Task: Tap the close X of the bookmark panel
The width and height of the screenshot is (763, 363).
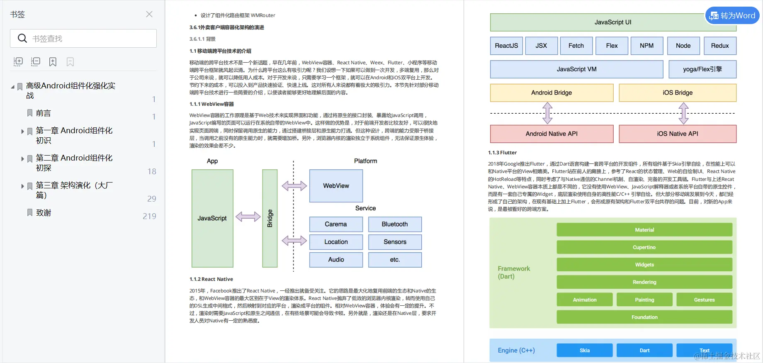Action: click(x=149, y=14)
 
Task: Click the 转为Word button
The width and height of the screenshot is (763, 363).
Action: click(x=732, y=16)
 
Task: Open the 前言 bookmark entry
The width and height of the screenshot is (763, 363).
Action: click(x=43, y=113)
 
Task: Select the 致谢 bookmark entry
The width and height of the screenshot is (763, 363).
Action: click(x=43, y=213)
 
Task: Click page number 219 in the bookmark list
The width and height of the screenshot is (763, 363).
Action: click(x=149, y=216)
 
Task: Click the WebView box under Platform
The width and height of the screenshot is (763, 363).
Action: click(x=336, y=186)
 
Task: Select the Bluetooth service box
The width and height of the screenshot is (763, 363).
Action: click(x=395, y=224)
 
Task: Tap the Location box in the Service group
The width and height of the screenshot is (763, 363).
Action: click(x=336, y=242)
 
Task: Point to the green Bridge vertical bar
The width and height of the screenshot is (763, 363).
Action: click(x=270, y=218)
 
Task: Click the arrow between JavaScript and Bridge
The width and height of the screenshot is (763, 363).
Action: click(x=248, y=217)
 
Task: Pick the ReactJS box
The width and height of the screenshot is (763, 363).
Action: click(x=506, y=46)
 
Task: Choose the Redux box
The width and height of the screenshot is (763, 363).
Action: click(x=720, y=46)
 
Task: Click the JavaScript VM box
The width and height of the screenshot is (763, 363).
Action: click(x=576, y=69)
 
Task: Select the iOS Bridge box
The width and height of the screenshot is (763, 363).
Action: click(x=678, y=93)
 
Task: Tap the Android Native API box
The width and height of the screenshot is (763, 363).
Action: click(x=552, y=134)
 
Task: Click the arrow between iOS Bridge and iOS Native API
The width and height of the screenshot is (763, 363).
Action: click(x=684, y=113)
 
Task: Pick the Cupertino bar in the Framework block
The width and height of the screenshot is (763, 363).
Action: click(x=644, y=247)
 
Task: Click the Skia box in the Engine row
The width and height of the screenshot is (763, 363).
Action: click(x=585, y=350)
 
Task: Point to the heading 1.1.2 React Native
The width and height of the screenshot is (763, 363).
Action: click(x=211, y=279)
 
